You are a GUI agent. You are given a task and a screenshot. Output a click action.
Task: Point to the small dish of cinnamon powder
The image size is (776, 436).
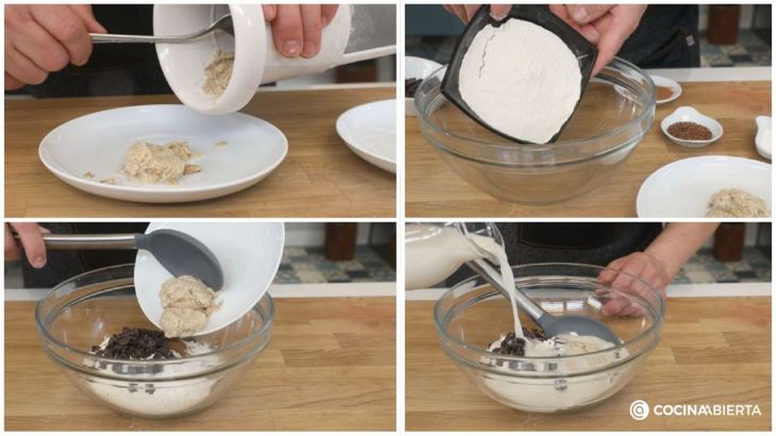tap(664, 91)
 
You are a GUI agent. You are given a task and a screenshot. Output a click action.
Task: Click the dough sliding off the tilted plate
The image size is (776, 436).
tap(188, 304)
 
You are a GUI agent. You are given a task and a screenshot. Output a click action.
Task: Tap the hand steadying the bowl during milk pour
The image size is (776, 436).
tap(634, 278)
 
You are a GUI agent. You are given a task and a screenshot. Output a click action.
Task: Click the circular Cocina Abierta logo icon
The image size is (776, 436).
tap(639, 409)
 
